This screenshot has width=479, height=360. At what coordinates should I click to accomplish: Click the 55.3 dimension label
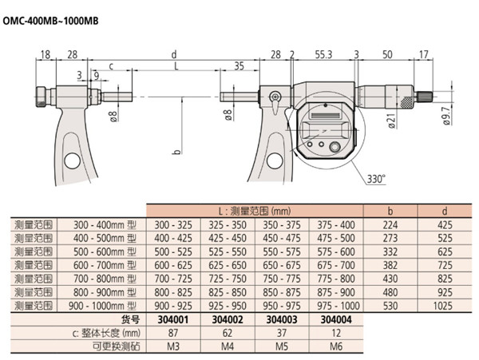pos(323,53)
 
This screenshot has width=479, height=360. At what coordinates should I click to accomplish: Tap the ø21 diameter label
pos(392,120)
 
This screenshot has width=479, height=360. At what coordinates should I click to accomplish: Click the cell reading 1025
pos(444,306)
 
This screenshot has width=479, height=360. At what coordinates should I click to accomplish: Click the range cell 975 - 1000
pos(333,306)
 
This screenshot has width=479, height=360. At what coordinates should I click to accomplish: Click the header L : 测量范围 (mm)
pos(255,212)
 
